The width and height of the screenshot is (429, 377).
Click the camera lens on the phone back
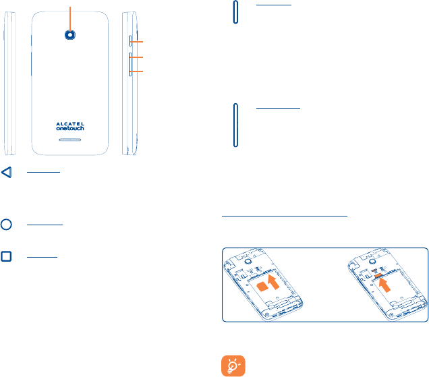(x=70, y=35)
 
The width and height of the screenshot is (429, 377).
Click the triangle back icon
(x=6, y=173)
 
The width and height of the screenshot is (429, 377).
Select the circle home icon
(x=6, y=224)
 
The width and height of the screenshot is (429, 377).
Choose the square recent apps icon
(x=6, y=257)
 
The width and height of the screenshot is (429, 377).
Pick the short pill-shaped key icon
(x=235, y=13)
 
